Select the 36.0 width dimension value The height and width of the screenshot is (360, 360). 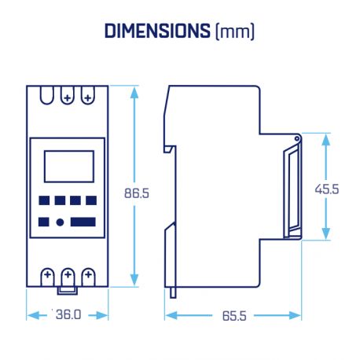(68, 315)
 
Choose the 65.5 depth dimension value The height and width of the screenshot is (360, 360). (233, 315)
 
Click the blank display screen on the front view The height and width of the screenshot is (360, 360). (68, 166)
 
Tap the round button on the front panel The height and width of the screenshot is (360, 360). (60, 222)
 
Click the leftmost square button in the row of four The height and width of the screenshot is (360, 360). (44, 200)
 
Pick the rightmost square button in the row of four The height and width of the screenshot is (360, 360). (91, 200)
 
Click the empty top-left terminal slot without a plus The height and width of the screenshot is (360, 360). (47, 96)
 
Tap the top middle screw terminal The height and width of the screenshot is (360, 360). (68, 97)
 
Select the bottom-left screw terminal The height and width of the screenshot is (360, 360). (47, 275)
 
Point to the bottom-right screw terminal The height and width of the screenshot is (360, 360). (88, 275)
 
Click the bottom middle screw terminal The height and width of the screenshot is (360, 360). (68, 275)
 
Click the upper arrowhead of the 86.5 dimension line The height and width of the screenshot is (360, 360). (135, 92)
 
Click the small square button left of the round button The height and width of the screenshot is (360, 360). (44, 222)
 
